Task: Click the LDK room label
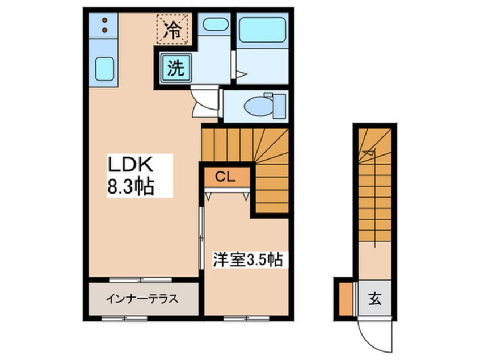point(130,165)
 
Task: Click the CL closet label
point(225,177)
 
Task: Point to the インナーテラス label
point(142,299)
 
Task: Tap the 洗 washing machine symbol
point(176,68)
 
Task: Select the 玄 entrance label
point(374,299)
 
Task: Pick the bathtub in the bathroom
point(262,30)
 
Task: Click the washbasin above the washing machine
point(215,24)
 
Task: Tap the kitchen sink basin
point(104,69)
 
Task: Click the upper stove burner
point(105,20)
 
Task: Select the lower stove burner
point(105,30)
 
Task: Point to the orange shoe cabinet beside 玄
point(346,299)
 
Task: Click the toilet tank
point(279,106)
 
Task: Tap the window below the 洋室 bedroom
point(246,319)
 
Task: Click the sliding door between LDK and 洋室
point(201,238)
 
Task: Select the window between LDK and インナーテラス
point(141,279)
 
